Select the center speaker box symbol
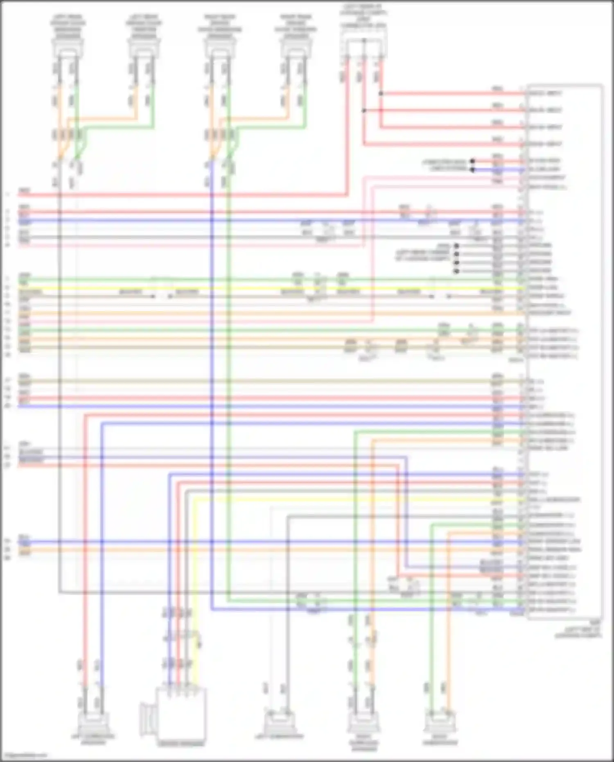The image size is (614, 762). pos(180,712)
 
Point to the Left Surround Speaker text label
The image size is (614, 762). pos(93,739)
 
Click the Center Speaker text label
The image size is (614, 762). pos(181,743)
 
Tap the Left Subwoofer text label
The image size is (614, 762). pos(280,737)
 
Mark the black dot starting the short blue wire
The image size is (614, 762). pos(473,169)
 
